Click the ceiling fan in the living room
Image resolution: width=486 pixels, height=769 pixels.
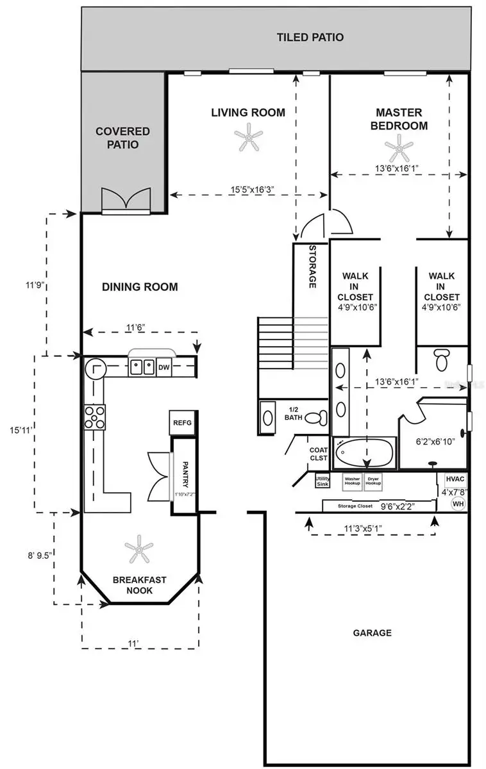pos(248,138)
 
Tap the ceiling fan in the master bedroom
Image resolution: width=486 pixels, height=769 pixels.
pos(399,148)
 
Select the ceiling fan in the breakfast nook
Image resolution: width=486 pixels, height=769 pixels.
pos(138,548)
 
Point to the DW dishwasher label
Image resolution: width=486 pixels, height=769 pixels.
pos(163,367)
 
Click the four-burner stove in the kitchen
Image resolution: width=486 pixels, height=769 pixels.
pos(95,417)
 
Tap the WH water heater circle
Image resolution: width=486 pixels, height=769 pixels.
pos(458,504)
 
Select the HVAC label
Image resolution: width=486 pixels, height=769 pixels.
pos(455,479)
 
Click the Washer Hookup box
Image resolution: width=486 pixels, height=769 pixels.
pos(352,481)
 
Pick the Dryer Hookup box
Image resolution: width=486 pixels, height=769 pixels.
pos(373,481)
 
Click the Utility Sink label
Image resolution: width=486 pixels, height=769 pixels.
pos(323,481)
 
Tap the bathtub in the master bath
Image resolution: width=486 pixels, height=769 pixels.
pos(365,453)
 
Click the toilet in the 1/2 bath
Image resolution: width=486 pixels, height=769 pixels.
pos(314,418)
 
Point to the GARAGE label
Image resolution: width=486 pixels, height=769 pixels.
pos(372,633)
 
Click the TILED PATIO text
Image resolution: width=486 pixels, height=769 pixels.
pos(310,37)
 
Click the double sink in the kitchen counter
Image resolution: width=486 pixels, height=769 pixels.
pos(142,367)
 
